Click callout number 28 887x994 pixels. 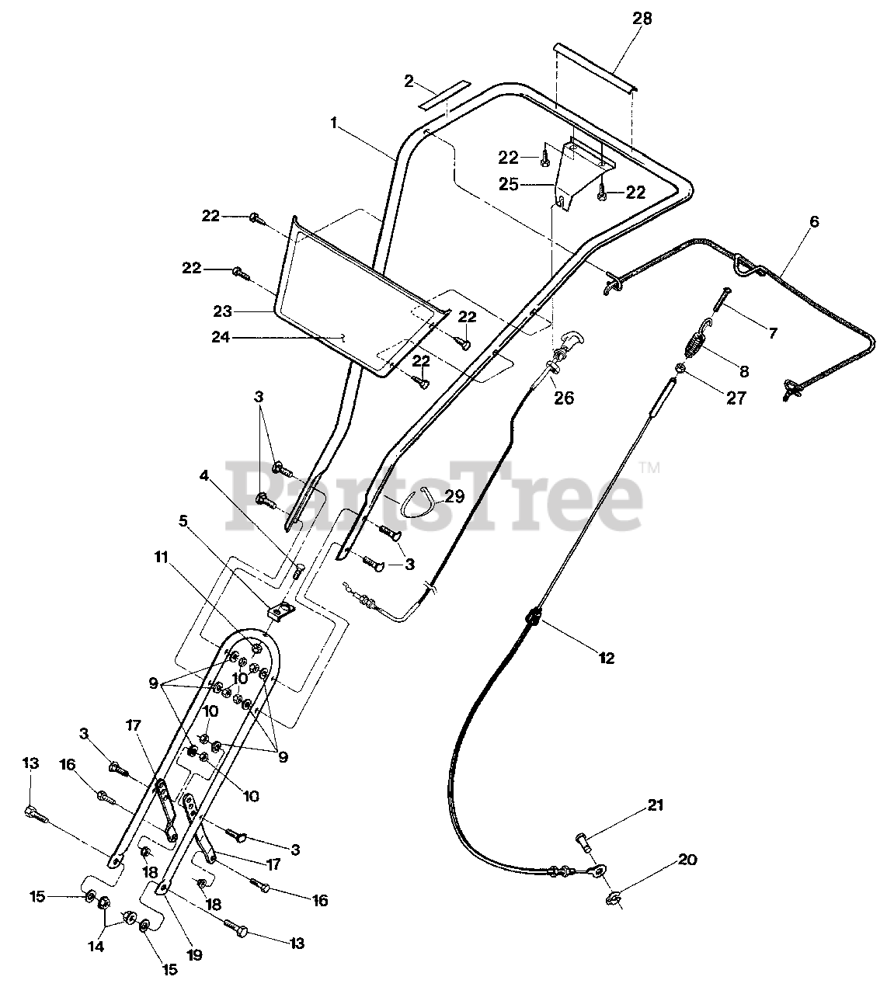point(642,18)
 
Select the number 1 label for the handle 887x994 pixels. point(333,123)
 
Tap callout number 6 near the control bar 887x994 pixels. point(813,221)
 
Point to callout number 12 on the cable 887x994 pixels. point(607,658)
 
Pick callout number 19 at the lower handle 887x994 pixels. point(194,955)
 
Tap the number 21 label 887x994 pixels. point(656,805)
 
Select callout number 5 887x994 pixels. point(183,521)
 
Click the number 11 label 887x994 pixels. point(161,557)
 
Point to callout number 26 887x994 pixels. point(564,398)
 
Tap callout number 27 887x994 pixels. point(735,398)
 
